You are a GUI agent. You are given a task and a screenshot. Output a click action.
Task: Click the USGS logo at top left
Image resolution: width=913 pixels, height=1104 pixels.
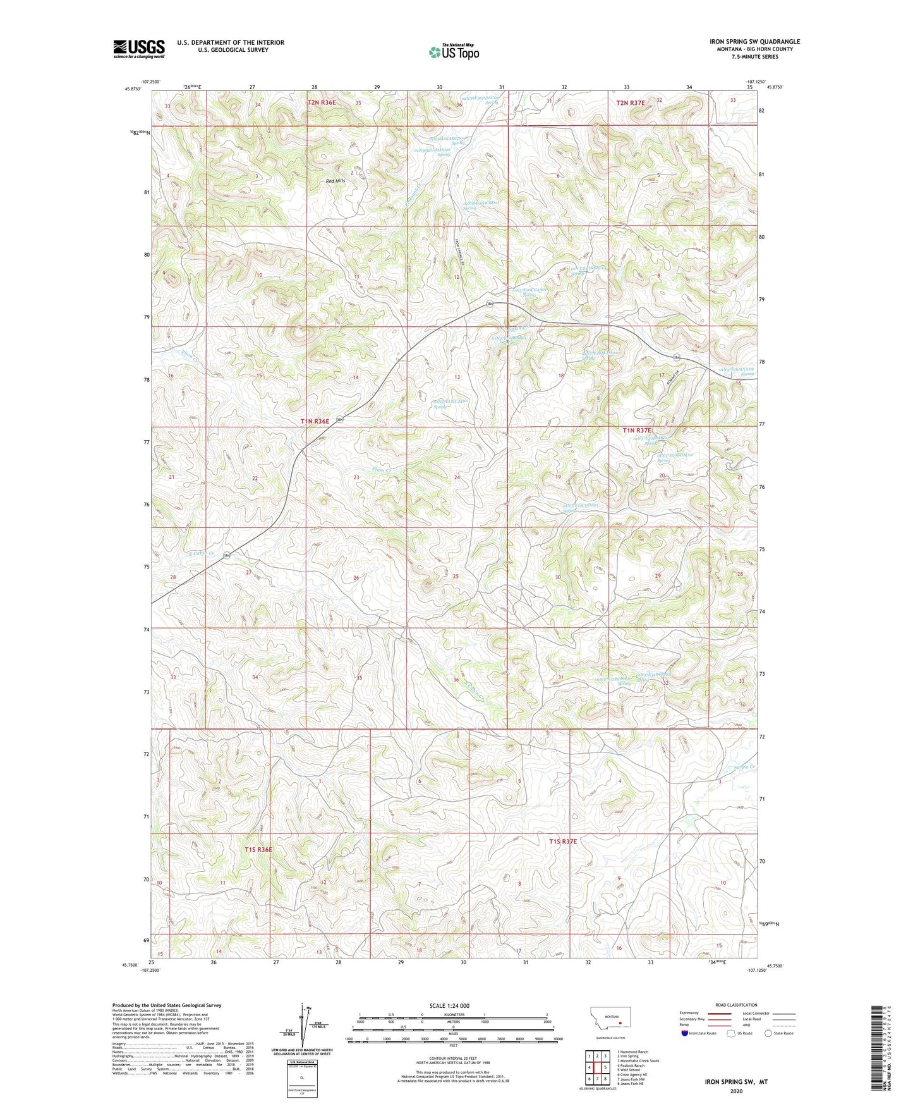[x=139, y=49]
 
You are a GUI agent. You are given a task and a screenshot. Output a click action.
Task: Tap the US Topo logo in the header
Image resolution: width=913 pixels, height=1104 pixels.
[x=454, y=52]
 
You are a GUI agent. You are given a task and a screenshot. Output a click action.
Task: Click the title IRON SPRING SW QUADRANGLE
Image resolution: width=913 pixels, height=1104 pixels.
[x=754, y=42]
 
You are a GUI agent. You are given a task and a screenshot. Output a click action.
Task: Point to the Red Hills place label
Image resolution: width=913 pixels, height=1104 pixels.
[x=336, y=181]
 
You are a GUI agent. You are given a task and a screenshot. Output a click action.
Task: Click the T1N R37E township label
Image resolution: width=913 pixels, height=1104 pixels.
[x=637, y=430]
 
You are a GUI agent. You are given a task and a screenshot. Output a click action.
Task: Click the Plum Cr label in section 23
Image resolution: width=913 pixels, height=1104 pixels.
[x=382, y=470]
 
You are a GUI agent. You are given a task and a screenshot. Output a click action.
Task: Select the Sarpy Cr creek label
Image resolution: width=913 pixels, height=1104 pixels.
[x=744, y=768]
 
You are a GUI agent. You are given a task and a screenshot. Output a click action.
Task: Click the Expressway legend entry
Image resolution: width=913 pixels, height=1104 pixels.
[x=692, y=1013]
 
